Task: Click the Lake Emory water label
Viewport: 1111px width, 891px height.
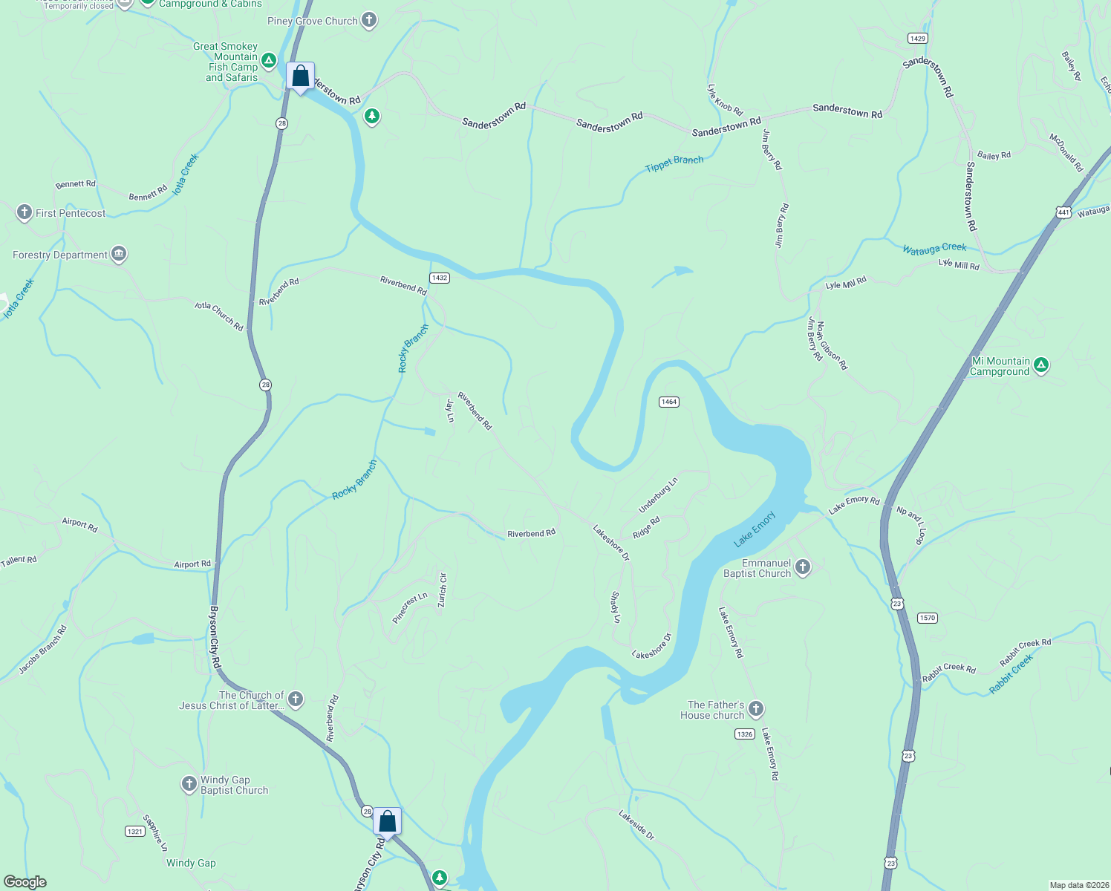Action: click(x=755, y=529)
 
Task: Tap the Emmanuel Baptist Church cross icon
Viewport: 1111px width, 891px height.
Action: click(x=802, y=568)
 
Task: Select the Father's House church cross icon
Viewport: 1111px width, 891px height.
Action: click(x=756, y=709)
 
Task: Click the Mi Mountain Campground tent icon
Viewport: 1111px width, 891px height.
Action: click(x=1041, y=365)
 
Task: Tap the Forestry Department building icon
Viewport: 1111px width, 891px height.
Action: click(x=119, y=255)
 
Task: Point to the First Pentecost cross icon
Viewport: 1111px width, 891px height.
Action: click(x=25, y=213)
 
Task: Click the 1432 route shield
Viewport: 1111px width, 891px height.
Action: click(x=439, y=278)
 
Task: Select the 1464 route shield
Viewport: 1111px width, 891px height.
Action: click(x=669, y=402)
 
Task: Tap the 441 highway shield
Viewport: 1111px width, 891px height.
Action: click(x=1063, y=212)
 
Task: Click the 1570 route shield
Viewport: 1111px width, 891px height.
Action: click(x=928, y=618)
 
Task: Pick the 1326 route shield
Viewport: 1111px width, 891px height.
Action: click(x=745, y=734)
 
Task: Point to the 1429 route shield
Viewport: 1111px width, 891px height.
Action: click(x=917, y=38)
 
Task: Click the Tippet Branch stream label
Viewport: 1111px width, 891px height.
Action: click(x=674, y=163)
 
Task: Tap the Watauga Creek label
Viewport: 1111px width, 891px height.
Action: click(x=934, y=249)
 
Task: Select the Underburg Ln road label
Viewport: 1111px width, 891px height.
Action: click(x=658, y=495)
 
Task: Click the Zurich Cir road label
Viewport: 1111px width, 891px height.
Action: click(x=443, y=590)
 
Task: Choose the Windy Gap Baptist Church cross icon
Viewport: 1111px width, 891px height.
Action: click(x=189, y=784)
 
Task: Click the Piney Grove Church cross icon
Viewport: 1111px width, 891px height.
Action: click(x=369, y=21)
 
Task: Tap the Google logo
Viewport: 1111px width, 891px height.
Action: click(x=25, y=881)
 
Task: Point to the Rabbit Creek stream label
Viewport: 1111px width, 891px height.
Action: click(x=1011, y=674)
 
